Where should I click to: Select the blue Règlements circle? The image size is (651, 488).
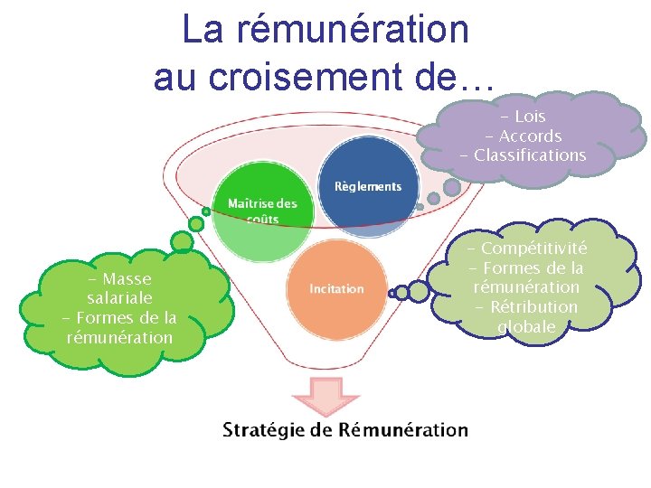click(368, 185)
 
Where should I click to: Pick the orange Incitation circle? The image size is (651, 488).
click(336, 288)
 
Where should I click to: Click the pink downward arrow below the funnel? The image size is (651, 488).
click(324, 398)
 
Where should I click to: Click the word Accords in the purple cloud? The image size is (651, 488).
click(531, 136)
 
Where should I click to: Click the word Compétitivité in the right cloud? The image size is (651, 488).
click(533, 249)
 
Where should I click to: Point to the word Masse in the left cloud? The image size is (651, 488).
click(127, 279)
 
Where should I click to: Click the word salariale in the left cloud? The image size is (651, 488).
click(119, 298)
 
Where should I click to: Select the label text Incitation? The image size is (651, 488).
click(336, 289)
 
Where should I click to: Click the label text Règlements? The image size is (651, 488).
click(368, 186)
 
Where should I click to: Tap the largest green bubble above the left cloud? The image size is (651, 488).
click(183, 242)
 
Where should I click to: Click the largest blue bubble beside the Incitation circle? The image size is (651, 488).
click(419, 291)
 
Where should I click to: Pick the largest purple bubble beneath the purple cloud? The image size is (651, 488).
click(451, 187)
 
